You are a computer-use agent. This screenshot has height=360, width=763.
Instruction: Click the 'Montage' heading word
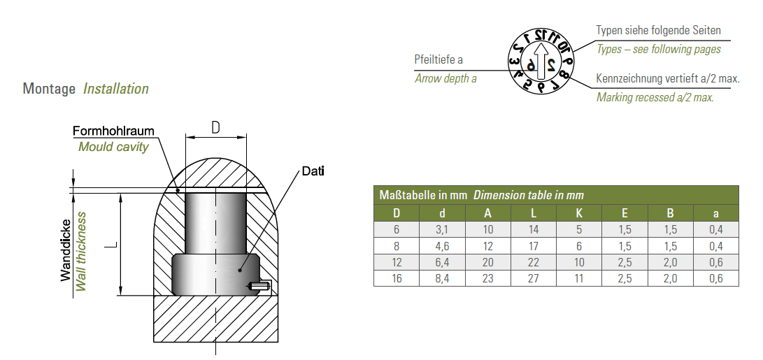49,89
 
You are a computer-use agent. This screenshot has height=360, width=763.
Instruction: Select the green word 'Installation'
116,89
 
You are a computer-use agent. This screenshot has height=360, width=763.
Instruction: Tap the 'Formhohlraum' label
113,131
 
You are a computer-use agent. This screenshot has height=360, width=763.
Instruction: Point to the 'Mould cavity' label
113,147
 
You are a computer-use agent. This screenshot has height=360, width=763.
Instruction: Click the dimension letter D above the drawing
215,127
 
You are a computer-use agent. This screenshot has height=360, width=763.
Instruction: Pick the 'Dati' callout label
313,171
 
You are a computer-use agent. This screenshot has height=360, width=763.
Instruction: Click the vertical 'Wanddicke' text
66,250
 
